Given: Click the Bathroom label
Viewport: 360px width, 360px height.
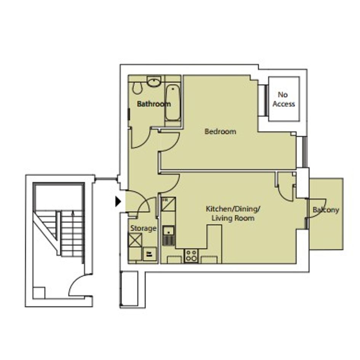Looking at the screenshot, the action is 154,104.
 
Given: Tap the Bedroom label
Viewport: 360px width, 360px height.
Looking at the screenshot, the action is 221,131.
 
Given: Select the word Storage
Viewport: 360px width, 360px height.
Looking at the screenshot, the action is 144,229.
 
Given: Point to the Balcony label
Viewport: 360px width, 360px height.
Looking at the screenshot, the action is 326,210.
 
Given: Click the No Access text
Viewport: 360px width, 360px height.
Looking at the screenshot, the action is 284,99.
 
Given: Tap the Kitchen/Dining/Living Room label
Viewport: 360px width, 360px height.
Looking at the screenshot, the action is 233,213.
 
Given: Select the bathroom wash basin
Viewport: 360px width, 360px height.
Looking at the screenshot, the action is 154,82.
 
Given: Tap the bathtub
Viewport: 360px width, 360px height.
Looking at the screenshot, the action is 173,102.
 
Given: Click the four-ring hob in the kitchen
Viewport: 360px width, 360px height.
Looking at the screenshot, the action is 191,256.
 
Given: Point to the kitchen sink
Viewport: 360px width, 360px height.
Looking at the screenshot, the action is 169,235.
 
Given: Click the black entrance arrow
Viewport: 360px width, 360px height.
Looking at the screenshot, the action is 118,202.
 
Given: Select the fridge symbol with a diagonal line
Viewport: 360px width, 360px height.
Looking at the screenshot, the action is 168,204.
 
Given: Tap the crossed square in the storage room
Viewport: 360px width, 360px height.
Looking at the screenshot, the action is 135,240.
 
